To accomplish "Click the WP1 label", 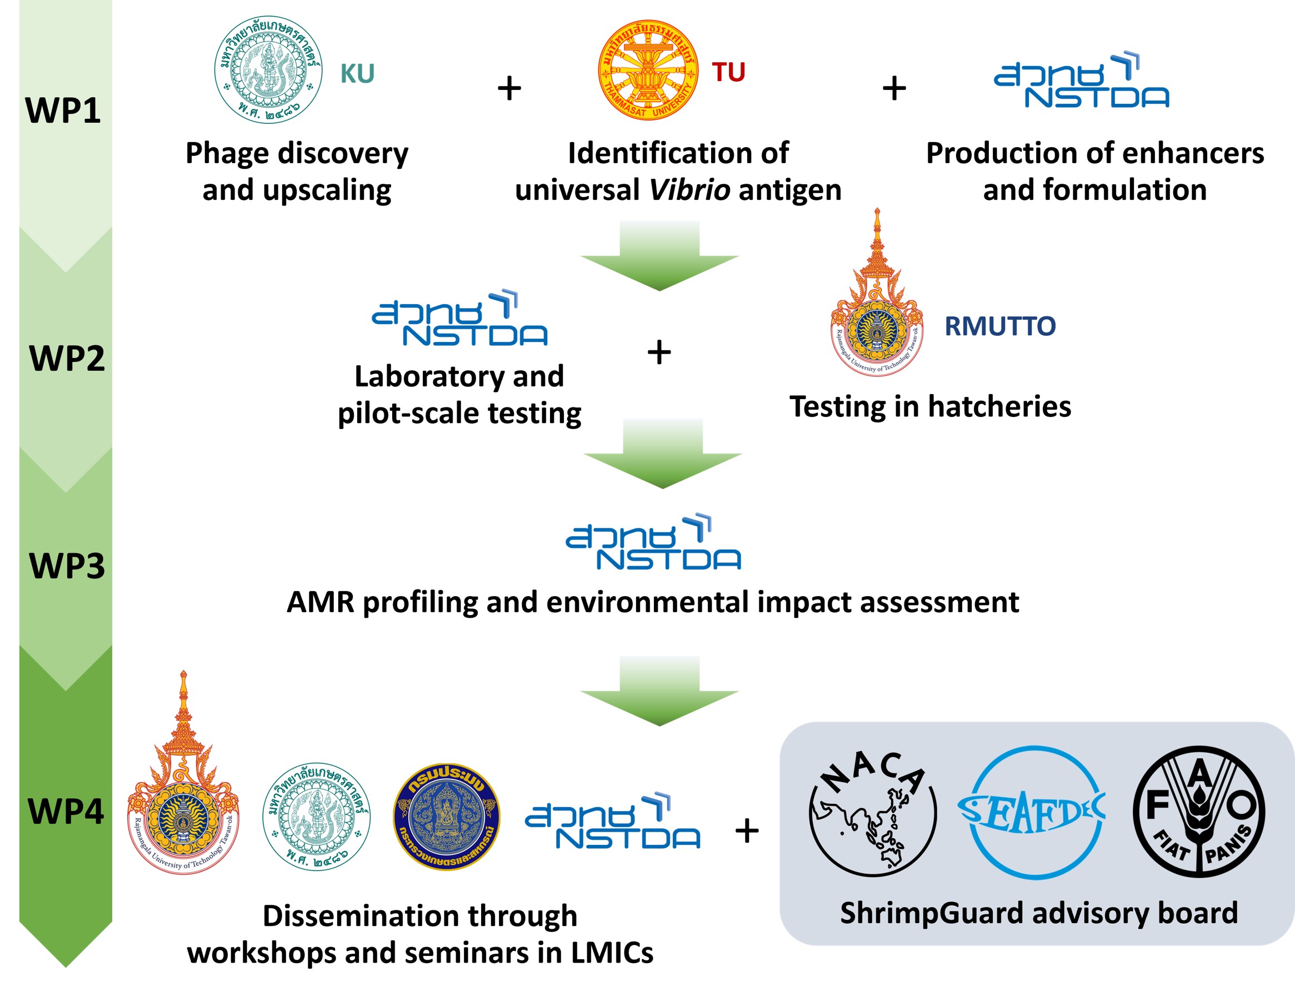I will tap(63, 110).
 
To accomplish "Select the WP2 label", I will tap(67, 359).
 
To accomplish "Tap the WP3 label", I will tap(67, 566).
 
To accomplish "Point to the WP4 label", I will tap(66, 812).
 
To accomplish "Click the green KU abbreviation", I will tap(357, 74).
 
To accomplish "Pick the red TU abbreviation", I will tap(728, 73).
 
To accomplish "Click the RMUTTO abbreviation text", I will tap(999, 326).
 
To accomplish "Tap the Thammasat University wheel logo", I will tap(648, 70).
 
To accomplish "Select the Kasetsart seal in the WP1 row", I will tap(268, 70).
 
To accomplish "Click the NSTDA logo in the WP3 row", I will tap(653, 542).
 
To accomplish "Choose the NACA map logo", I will tap(873, 813).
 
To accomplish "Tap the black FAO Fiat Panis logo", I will tap(1199, 813).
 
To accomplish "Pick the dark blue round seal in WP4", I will tap(447, 816).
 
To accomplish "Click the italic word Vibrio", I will tap(689, 190).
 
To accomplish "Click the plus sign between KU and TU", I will tap(509, 89).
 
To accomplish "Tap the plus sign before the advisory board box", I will tap(747, 832).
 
